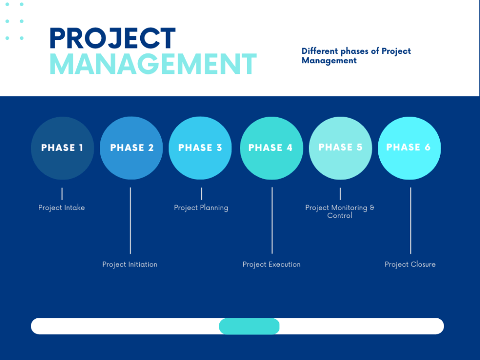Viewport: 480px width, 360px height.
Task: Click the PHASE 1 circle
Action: coord(62,148)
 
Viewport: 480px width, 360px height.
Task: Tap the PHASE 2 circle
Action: coord(132,148)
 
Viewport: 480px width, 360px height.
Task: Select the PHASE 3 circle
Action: coord(200,148)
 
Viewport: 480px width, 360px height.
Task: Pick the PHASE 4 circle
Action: coord(271,148)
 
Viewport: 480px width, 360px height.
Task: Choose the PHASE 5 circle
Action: coord(340,148)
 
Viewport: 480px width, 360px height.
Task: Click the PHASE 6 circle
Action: coord(409,148)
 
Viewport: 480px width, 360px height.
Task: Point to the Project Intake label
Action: coord(61,208)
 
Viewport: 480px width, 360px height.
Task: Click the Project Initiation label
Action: coord(130,264)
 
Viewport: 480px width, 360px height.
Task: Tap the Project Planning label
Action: coord(201,208)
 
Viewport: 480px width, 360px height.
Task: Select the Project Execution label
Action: coord(272,264)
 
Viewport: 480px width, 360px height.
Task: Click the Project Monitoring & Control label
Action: coord(340,212)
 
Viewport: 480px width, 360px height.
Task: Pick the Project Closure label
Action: coord(410,264)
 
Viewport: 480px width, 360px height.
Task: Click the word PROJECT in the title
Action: coord(113,39)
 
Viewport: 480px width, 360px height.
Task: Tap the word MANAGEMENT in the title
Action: coord(153,64)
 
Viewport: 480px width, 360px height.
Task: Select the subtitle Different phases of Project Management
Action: coord(356,56)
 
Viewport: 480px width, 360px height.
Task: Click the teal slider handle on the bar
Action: coord(249,326)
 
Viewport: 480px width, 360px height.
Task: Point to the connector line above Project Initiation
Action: coord(130,221)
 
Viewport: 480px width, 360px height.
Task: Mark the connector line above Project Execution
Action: coord(272,221)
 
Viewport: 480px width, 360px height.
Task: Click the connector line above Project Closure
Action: coord(410,221)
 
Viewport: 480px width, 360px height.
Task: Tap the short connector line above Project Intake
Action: coord(62,194)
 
